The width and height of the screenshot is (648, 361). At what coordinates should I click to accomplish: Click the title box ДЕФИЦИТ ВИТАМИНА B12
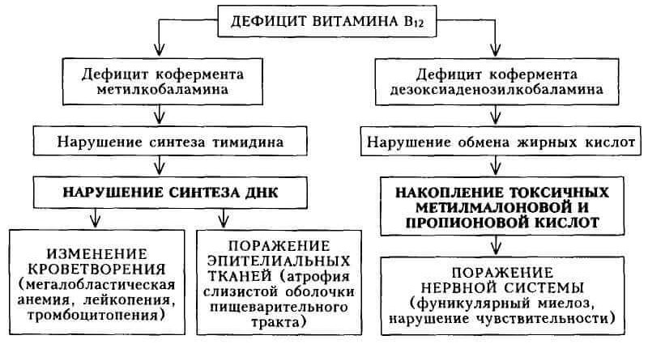pyautogui.click(x=327, y=21)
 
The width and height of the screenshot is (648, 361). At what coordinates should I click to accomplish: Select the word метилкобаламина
pyautogui.click(x=163, y=90)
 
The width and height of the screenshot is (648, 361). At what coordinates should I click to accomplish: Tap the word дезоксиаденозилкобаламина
pyautogui.click(x=497, y=90)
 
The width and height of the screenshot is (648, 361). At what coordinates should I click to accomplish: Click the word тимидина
pyautogui.click(x=248, y=142)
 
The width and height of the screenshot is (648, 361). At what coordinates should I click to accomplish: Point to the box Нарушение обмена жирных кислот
pyautogui.click(x=501, y=142)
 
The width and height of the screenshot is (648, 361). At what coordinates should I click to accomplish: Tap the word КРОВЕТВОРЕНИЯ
pyautogui.click(x=96, y=270)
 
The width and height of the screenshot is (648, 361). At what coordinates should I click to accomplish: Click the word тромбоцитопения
pyautogui.click(x=96, y=316)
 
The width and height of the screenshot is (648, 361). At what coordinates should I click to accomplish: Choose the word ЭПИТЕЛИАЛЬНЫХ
pyautogui.click(x=279, y=261)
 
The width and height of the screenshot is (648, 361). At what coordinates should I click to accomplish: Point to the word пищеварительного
pyautogui.click(x=279, y=308)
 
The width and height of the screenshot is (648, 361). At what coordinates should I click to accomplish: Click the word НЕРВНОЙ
pyautogui.click(x=459, y=287)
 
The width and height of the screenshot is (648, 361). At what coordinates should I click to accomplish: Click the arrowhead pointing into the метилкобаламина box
pyautogui.click(x=159, y=49)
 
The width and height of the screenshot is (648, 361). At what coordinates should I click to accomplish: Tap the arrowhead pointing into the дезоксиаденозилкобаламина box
pyautogui.click(x=496, y=49)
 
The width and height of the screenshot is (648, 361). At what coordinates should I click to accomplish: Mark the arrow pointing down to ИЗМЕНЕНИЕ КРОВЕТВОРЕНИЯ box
pyautogui.click(x=96, y=218)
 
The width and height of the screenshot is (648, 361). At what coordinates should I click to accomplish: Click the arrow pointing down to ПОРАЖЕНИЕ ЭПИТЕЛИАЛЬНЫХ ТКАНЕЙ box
pyautogui.click(x=224, y=218)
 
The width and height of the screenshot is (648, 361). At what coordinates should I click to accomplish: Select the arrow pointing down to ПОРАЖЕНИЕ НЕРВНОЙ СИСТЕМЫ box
pyautogui.click(x=496, y=245)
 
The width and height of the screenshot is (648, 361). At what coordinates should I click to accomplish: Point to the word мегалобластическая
pyautogui.click(x=96, y=285)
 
